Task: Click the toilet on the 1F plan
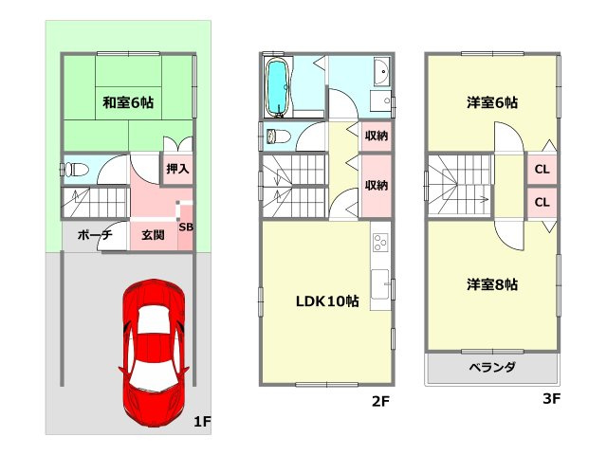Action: tap(75, 171)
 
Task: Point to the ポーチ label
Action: tap(94, 234)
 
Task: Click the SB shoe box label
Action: tap(186, 227)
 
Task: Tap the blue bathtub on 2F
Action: tap(277, 86)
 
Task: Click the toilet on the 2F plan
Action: tap(279, 136)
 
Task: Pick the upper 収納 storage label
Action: tap(377, 136)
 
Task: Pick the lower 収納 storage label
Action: tap(377, 185)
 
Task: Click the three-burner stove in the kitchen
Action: tap(380, 243)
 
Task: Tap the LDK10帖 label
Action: tap(326, 301)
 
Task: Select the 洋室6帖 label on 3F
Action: tap(491, 101)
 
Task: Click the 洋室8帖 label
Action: tap(491, 283)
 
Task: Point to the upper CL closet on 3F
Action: tap(542, 171)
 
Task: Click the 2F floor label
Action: tap(380, 401)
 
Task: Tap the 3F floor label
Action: tap(551, 399)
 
